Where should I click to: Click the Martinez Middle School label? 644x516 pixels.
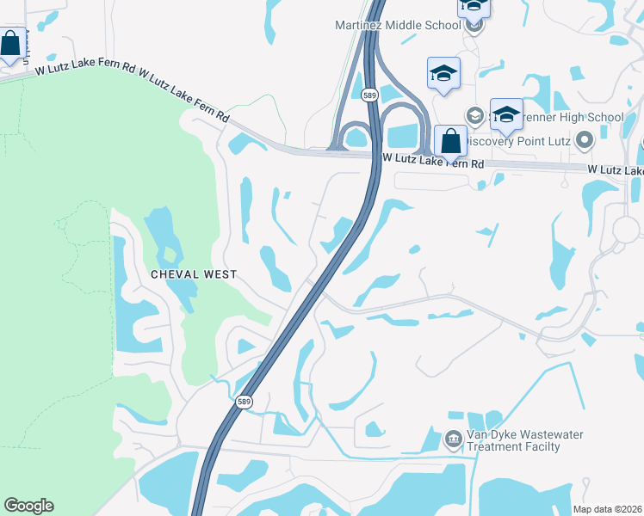pyautogui.click(x=398, y=25)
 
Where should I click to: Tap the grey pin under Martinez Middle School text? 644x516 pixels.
pyautogui.click(x=474, y=26)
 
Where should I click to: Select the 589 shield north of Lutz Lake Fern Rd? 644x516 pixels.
pyautogui.click(x=369, y=95)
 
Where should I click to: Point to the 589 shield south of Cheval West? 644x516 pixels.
pyautogui.click(x=245, y=402)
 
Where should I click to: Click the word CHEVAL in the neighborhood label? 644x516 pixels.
pyautogui.click(x=176, y=274)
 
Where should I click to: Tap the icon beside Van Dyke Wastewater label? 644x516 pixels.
pyautogui.click(x=454, y=440)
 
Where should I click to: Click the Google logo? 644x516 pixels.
pyautogui.click(x=28, y=506)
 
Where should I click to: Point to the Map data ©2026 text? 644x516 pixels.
pyautogui.click(x=606, y=509)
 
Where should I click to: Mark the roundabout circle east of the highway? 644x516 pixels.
pyautogui.click(x=629, y=229)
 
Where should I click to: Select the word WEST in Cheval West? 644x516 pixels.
pyautogui.click(x=220, y=274)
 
